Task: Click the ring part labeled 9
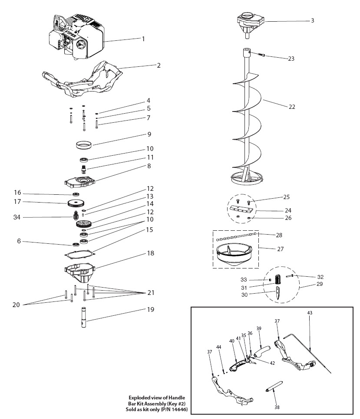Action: (86, 144)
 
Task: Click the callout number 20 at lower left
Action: (17, 305)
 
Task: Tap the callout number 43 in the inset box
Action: (310, 312)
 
